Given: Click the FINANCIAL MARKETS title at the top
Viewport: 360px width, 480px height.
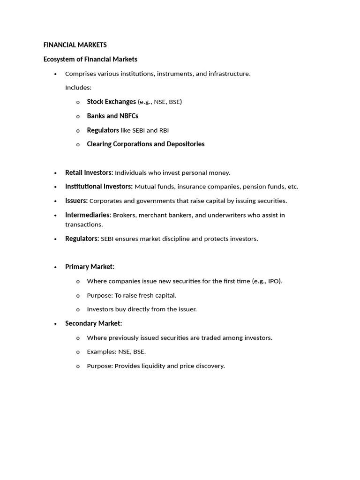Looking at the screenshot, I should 75,45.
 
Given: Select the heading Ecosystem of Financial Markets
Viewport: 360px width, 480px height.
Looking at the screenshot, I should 90,59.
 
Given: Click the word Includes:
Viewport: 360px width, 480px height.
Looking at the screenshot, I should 78,88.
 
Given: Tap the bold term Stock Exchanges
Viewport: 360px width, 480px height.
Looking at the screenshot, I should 111,102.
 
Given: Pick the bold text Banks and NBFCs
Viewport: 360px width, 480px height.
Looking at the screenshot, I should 112,116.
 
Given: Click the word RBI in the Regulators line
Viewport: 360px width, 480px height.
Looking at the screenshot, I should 164,130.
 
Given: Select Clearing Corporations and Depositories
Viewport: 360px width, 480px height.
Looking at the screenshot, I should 146,144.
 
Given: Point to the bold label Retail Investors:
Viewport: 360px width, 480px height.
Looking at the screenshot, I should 89,172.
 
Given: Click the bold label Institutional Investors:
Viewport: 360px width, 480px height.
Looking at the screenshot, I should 99,187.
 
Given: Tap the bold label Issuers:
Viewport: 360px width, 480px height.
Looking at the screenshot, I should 76,201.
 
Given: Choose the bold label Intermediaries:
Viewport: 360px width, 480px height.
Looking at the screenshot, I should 88,215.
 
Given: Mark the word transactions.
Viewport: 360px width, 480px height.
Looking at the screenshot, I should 83,225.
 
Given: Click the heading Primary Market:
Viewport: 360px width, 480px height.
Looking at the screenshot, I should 90,267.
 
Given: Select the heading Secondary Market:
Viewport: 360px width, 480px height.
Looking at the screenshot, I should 93,323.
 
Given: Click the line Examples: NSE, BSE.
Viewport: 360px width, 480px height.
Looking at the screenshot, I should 116,352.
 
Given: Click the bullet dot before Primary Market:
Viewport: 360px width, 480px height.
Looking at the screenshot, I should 56,267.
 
